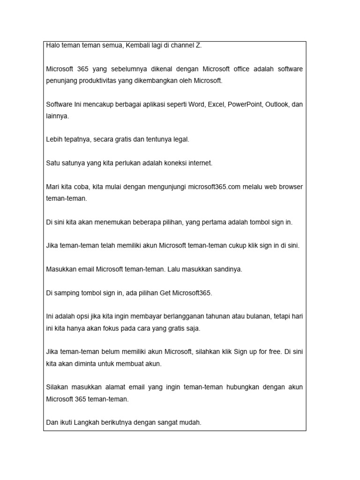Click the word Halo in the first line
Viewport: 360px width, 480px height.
pos(53,45)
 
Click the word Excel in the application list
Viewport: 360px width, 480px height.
pos(217,104)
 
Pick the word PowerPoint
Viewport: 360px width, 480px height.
pos(245,104)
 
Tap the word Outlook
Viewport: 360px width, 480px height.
pos(277,104)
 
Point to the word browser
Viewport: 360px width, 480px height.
pos(291,187)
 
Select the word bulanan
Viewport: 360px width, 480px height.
pos(258,316)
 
